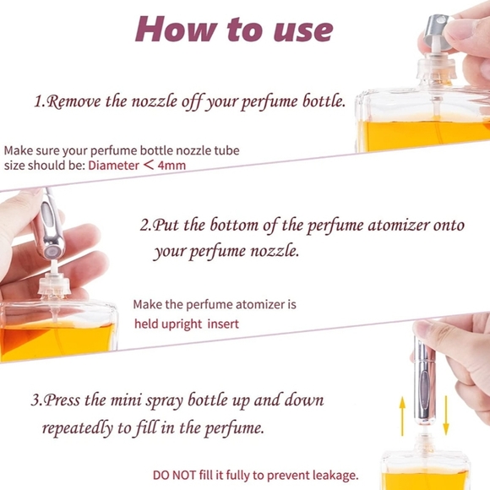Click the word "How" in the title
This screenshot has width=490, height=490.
point(176,29)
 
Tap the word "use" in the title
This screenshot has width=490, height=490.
point(303,31)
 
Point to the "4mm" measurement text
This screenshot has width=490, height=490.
point(171,165)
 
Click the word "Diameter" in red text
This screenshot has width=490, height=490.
point(113,165)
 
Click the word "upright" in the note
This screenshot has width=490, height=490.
point(182,324)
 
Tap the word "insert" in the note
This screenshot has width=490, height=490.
point(223,324)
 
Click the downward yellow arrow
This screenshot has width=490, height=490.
point(446,416)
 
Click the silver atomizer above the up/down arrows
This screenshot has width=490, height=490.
point(424,380)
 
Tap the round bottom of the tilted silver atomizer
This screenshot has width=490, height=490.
point(52,252)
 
